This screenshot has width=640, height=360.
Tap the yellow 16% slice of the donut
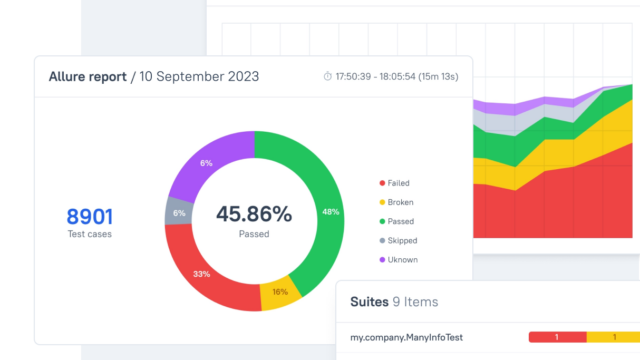[281, 293]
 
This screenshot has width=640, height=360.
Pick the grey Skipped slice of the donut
[178, 212]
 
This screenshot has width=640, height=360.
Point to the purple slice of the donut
[206, 162]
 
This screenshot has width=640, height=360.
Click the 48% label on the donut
[330, 212]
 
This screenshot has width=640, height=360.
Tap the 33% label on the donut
[201, 274]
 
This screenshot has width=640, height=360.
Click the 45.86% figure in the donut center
[254, 214]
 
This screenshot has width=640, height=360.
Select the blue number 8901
[89, 216]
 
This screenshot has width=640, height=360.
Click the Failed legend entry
[394, 183]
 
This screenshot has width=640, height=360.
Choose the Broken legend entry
[396, 202]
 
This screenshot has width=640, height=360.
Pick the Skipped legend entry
[398, 240]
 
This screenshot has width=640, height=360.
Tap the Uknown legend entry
[399, 260]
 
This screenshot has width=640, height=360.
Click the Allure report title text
[88, 76]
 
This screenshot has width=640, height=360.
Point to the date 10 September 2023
[199, 76]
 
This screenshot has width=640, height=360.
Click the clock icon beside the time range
[328, 76]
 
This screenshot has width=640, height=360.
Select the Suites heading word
[369, 302]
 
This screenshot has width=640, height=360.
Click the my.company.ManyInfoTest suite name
[407, 338]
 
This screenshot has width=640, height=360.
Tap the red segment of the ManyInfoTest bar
[558, 337]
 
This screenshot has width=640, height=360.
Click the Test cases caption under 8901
[89, 234]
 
